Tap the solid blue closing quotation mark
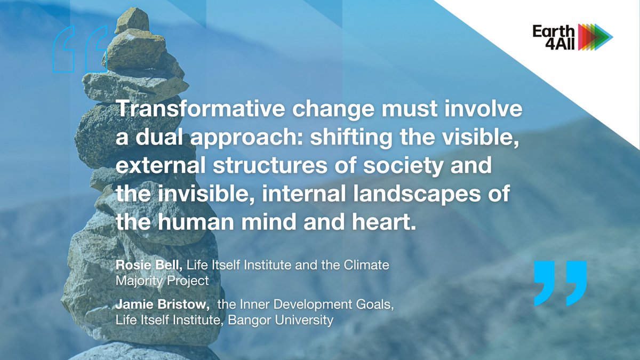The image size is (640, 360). pyautogui.click(x=560, y=283)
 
